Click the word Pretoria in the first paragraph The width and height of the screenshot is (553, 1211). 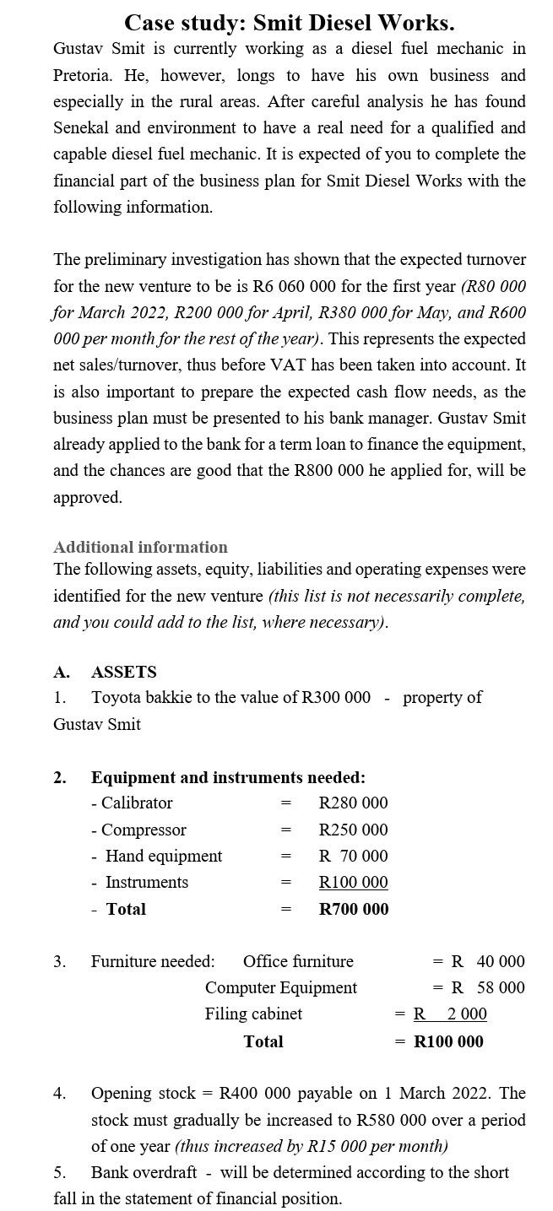click(x=81, y=75)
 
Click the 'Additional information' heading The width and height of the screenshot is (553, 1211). click(x=140, y=547)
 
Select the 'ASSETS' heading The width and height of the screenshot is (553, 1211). click(x=123, y=672)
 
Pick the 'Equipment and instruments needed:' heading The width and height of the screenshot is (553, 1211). click(x=228, y=777)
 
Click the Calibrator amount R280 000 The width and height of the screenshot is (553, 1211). click(x=353, y=803)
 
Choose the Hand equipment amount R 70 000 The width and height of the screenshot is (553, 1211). click(x=353, y=856)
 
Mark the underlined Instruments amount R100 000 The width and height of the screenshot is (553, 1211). click(x=353, y=882)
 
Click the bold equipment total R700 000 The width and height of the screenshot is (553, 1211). click(x=353, y=909)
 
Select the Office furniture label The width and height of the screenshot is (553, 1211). click(x=298, y=961)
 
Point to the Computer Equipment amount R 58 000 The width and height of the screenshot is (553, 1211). click(x=488, y=987)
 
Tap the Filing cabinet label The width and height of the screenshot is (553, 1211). click(x=253, y=1014)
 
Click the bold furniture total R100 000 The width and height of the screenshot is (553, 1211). click(x=448, y=1041)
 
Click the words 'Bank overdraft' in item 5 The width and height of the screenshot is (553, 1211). click(x=144, y=1172)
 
